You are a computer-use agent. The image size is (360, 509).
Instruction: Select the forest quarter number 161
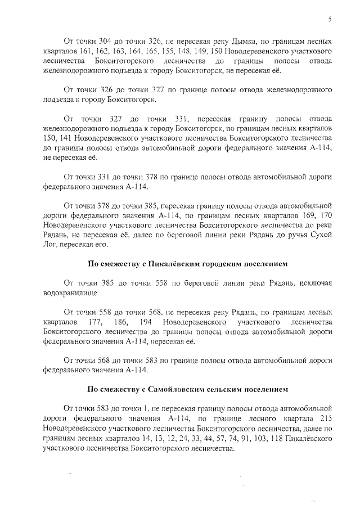(86, 52)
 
